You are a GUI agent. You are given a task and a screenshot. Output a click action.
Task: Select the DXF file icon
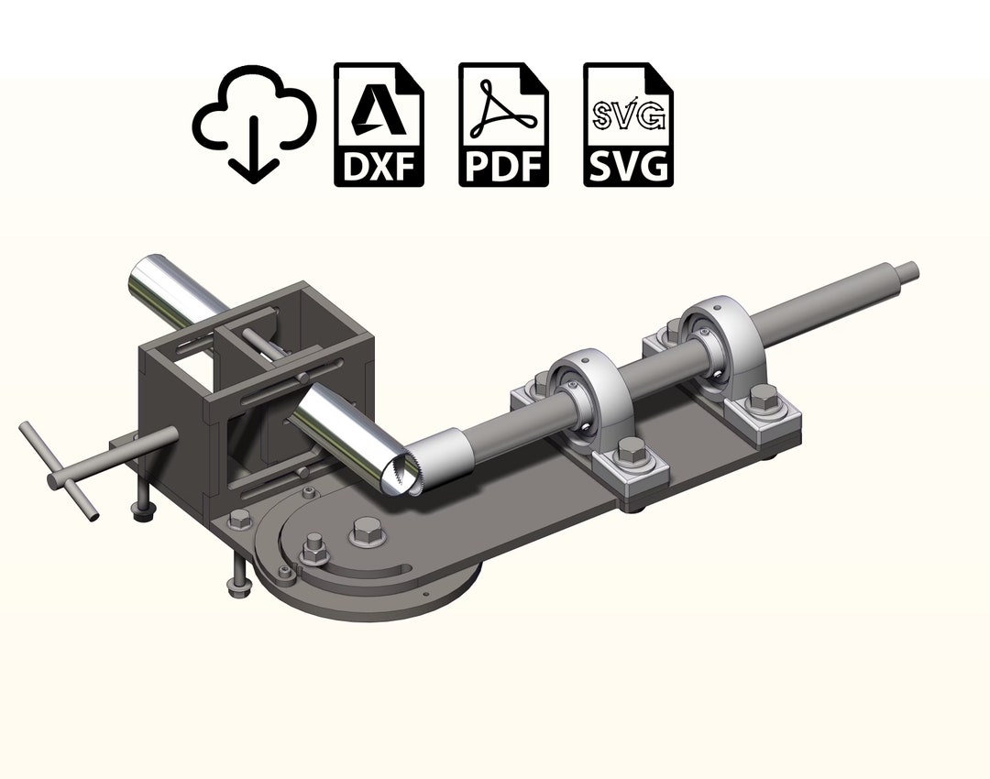(x=379, y=125)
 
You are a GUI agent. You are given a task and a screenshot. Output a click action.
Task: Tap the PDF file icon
(x=503, y=125)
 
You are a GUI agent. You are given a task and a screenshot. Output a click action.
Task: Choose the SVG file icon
(x=628, y=125)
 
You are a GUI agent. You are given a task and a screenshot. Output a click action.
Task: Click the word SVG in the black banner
(x=628, y=167)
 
